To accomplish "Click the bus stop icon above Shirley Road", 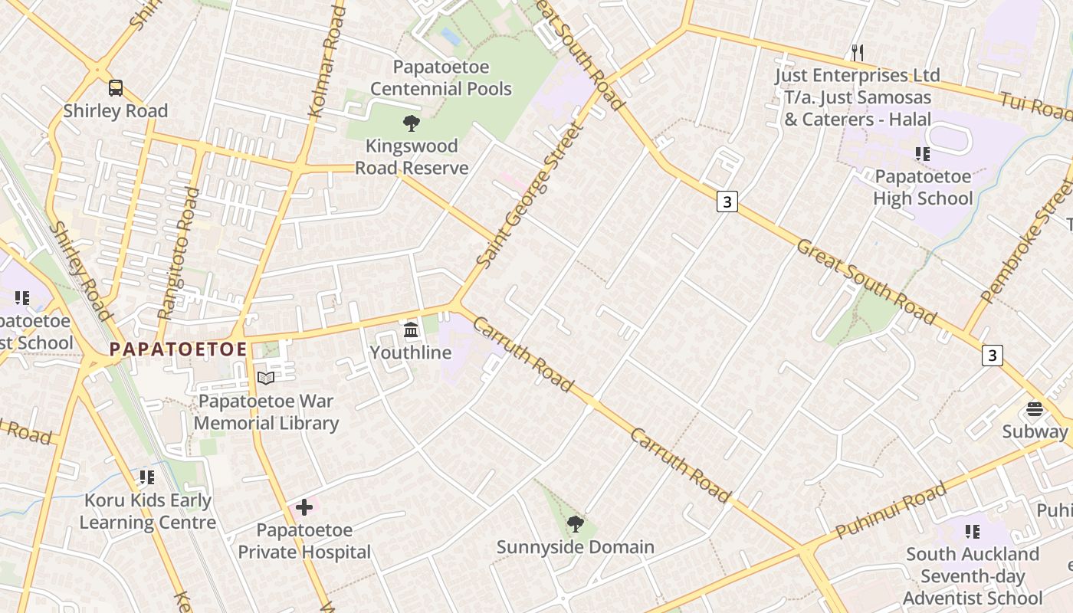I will point(115,88).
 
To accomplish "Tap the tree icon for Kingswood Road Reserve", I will point(412,123).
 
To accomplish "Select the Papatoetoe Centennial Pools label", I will point(441,78).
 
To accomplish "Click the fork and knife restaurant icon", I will point(858,52).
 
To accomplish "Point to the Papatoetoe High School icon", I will point(923,154).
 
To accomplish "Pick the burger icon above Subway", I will point(1035,408).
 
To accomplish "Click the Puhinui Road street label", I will point(891,510).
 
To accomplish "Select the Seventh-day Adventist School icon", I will point(973,531).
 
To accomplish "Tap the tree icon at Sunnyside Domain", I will point(575,524).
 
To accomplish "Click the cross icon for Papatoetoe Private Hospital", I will point(304,507).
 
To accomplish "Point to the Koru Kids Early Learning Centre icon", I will point(147,477).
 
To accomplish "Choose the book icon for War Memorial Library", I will point(265,378).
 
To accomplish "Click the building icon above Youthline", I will point(411,330).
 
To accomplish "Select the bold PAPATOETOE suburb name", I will point(178,349).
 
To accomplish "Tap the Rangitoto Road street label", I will point(178,253).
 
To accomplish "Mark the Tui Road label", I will point(1035,106).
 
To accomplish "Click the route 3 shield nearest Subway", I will point(993,356).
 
